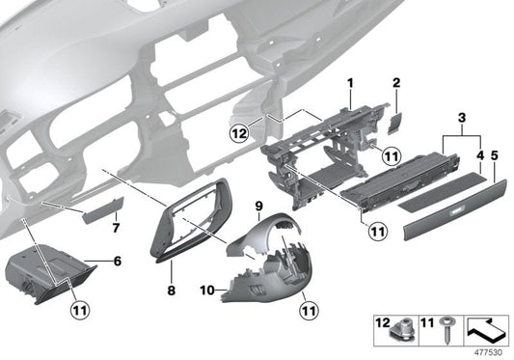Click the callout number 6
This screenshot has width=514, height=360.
[116, 262]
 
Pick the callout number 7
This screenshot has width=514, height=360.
[116, 228]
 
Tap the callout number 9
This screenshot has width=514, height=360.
[259, 207]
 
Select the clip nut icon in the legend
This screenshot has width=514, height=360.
[404, 329]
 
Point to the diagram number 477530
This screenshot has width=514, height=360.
[492, 351]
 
